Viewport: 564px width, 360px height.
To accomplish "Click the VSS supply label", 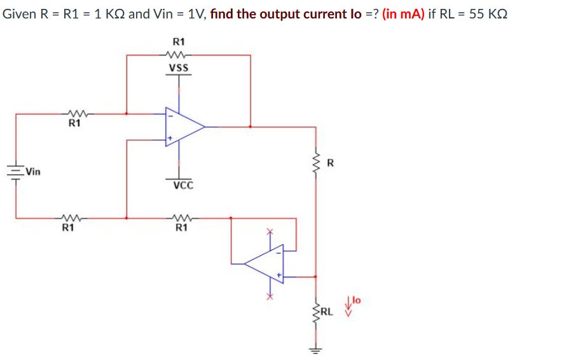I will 179,68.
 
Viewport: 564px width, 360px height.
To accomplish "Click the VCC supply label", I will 182,186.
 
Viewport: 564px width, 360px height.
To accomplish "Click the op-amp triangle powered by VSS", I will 183,126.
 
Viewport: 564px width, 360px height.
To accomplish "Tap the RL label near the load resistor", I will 327,312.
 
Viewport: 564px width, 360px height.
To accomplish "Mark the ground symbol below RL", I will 316,349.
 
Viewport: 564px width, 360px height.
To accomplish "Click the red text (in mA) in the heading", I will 404,14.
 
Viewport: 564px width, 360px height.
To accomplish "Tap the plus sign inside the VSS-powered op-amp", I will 169,137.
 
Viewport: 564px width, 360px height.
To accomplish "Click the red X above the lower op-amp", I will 270,232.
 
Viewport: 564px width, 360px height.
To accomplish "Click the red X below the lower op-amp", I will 270,296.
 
